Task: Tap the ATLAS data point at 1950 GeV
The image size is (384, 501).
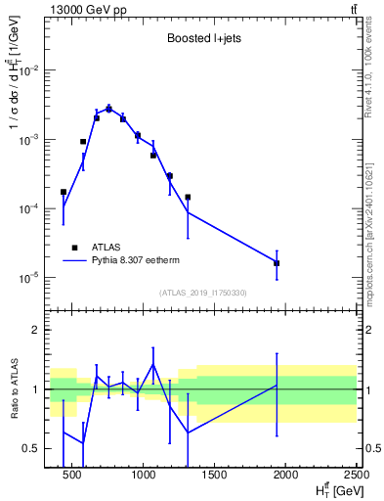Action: (x=277, y=263)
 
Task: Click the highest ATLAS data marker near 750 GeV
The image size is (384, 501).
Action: (x=109, y=109)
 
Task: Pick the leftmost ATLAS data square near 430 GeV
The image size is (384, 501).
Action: (x=64, y=193)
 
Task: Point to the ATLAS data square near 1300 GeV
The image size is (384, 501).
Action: (x=188, y=197)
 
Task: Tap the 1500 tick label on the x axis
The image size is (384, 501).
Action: (x=215, y=477)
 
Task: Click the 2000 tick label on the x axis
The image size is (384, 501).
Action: (x=285, y=477)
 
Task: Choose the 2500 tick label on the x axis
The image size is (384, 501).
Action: (x=354, y=477)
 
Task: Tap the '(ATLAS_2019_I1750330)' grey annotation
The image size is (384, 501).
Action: (x=202, y=293)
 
